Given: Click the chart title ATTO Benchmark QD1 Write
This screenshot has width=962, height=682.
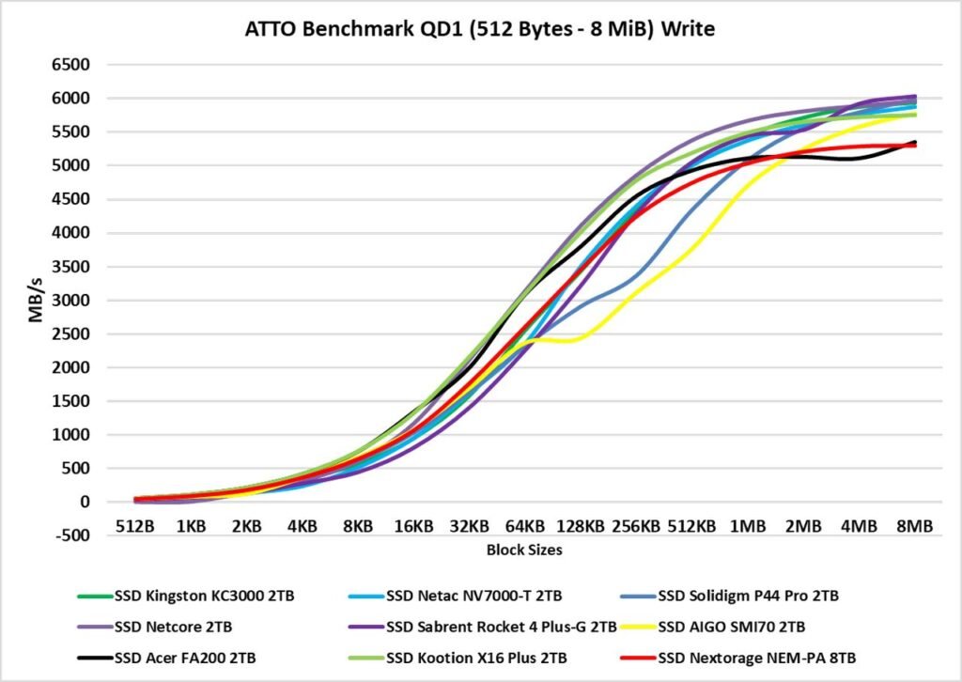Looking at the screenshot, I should tap(479, 29).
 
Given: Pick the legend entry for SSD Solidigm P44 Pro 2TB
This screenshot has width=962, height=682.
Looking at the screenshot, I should tap(748, 596).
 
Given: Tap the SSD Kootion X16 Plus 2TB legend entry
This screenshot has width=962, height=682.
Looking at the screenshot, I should tap(473, 656).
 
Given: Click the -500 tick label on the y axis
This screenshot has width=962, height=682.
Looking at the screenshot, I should tap(75, 536).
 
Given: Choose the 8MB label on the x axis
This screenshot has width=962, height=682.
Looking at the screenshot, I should tap(915, 527).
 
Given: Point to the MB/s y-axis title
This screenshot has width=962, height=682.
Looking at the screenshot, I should tap(36, 300).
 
